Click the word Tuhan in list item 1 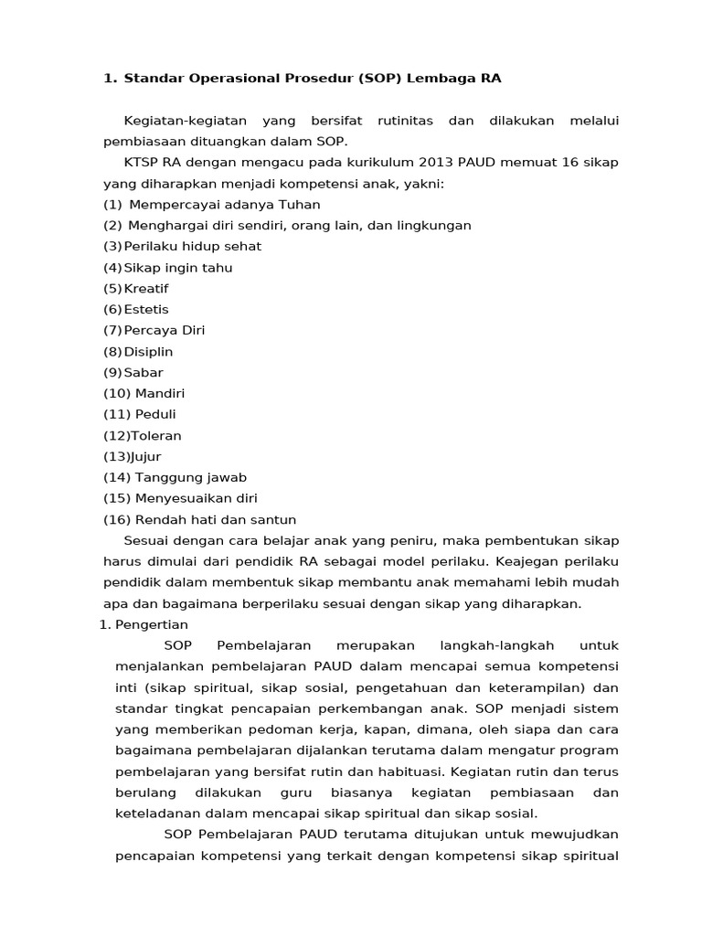coord(299,205)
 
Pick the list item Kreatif coord(146,289)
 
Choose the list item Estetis coord(146,310)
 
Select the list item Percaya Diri coord(165,331)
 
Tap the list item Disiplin coord(148,352)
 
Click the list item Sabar coord(144,373)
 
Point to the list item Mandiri coord(160,394)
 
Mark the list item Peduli coord(155,415)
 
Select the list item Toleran coord(156,436)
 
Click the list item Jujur coord(146,457)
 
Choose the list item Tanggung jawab coord(191,478)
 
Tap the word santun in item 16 coord(276,520)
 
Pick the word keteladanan coord(160,814)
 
